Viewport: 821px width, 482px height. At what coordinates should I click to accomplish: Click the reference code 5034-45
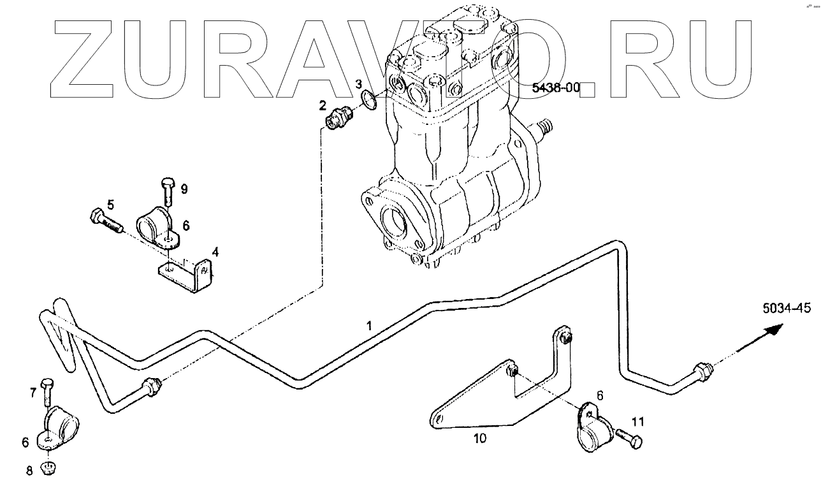tap(786, 309)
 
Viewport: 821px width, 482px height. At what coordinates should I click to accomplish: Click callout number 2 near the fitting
tap(323, 104)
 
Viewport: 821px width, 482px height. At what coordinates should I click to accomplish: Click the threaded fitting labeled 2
tap(338, 117)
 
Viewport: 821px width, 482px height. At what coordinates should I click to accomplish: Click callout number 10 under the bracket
tap(479, 439)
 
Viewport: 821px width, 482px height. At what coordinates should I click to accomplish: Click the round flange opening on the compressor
tap(396, 224)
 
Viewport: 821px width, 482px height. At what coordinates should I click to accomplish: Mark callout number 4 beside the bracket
tap(215, 252)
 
